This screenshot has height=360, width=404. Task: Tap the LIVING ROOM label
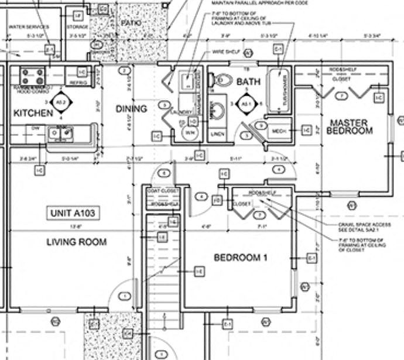coord(76,242)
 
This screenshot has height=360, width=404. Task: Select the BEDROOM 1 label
coord(240,258)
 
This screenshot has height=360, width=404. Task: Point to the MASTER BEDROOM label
coord(349,126)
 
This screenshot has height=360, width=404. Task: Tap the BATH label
coord(248,83)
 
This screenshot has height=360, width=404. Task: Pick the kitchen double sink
coord(62,134)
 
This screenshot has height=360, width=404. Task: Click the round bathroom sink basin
coord(218,110)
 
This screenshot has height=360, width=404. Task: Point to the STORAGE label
coord(77,26)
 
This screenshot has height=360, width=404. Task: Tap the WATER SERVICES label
coord(29,26)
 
